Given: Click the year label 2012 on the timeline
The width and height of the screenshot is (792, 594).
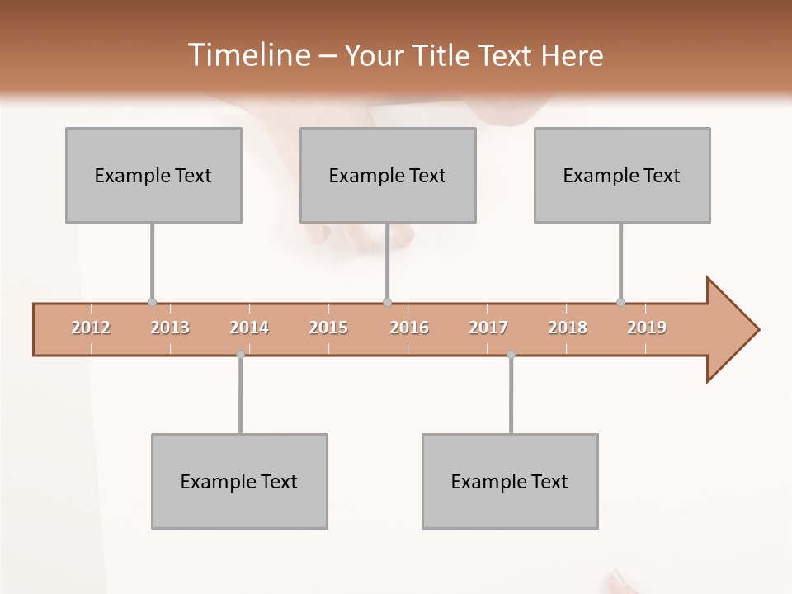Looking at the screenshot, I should tap(91, 328).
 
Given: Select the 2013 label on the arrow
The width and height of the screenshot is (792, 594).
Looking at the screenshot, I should tap(170, 328).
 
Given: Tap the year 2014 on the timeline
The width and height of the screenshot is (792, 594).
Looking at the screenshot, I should tap(249, 328).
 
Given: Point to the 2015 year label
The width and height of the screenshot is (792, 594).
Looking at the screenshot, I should tap(328, 328).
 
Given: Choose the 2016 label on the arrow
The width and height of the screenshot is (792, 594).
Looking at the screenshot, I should tap(409, 328).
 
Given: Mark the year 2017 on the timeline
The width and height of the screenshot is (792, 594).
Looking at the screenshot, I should tap(488, 328).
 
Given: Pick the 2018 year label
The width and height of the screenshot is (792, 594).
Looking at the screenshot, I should tap(568, 328).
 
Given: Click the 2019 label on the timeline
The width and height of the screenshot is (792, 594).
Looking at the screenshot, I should tap(647, 328).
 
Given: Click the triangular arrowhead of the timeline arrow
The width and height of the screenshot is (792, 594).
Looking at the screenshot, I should tap(730, 330).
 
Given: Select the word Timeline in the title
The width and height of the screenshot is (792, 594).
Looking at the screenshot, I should tap(247, 55).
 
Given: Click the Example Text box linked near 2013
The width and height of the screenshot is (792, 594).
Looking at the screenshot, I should tap(153, 175).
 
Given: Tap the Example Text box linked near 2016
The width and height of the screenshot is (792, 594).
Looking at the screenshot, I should tap(388, 175).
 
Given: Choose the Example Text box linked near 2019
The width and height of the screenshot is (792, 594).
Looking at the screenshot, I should tap(622, 175).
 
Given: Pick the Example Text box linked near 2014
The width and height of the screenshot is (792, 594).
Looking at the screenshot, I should tap(239, 481).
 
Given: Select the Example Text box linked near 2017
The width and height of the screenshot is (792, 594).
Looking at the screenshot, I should tap(510, 481).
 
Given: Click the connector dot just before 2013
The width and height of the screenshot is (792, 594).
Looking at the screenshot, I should tap(152, 303).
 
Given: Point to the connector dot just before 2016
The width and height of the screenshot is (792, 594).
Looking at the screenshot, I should tap(388, 303).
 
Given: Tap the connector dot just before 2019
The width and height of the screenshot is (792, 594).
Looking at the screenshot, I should tap(621, 303).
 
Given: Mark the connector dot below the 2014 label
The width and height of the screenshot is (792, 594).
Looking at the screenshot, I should tap(240, 355).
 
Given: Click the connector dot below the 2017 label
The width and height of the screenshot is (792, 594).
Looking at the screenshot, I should tap(511, 355).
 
